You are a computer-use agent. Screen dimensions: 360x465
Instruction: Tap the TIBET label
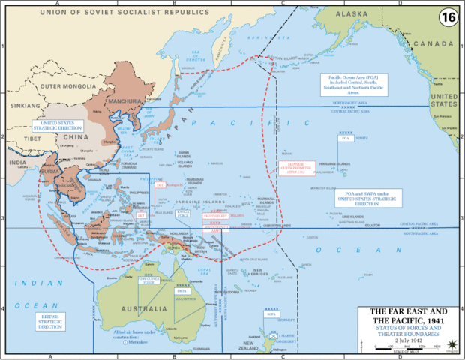tap(32, 138)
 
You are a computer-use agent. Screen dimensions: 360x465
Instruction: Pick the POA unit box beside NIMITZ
tap(346, 139)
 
